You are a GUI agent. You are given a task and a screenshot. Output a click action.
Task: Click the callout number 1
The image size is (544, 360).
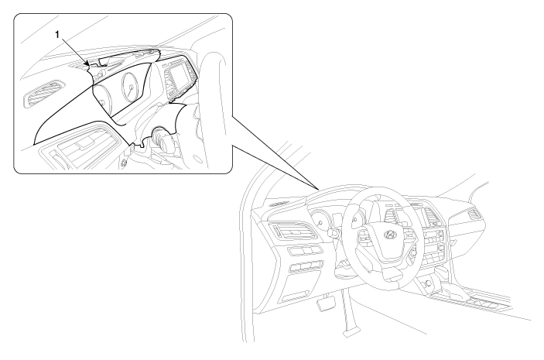[x=57, y=34]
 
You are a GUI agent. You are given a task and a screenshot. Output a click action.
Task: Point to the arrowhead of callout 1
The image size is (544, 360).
[x=87, y=63]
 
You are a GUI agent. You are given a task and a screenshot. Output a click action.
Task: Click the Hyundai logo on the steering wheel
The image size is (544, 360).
[x=390, y=235]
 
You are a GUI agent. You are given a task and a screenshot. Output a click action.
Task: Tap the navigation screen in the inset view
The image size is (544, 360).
[x=179, y=77]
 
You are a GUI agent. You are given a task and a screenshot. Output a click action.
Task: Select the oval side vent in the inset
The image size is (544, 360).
[x=43, y=94]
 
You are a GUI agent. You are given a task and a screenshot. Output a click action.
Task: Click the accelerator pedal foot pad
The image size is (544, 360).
[x=351, y=331]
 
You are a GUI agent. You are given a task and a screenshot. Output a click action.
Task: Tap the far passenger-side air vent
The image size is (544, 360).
[x=474, y=214]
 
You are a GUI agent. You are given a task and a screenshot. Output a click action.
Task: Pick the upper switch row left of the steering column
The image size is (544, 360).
[x=304, y=250]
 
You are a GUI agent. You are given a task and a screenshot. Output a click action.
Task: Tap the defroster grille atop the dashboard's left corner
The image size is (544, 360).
[x=279, y=204]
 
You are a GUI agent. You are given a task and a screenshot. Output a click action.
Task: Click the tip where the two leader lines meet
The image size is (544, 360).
[x=319, y=189]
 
